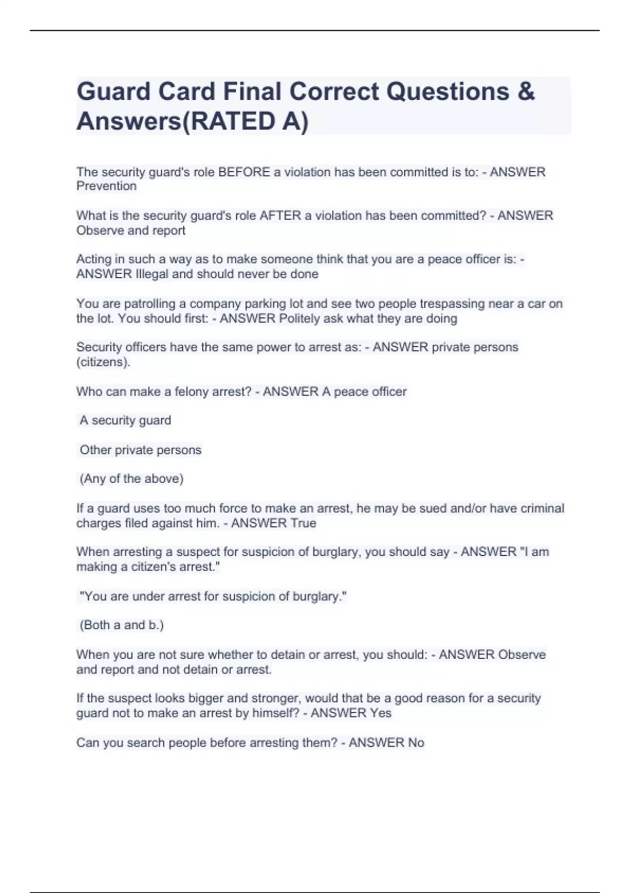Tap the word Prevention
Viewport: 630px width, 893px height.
[107, 186]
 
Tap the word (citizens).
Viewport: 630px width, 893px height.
[103, 362]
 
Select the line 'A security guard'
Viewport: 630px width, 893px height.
[125, 420]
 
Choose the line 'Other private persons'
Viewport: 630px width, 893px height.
[140, 450]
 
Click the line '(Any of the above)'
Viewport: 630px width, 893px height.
[131, 479]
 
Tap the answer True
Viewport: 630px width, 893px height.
[303, 523]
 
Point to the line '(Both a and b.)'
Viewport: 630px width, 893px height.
[121, 625]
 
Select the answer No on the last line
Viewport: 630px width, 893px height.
[416, 743]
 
